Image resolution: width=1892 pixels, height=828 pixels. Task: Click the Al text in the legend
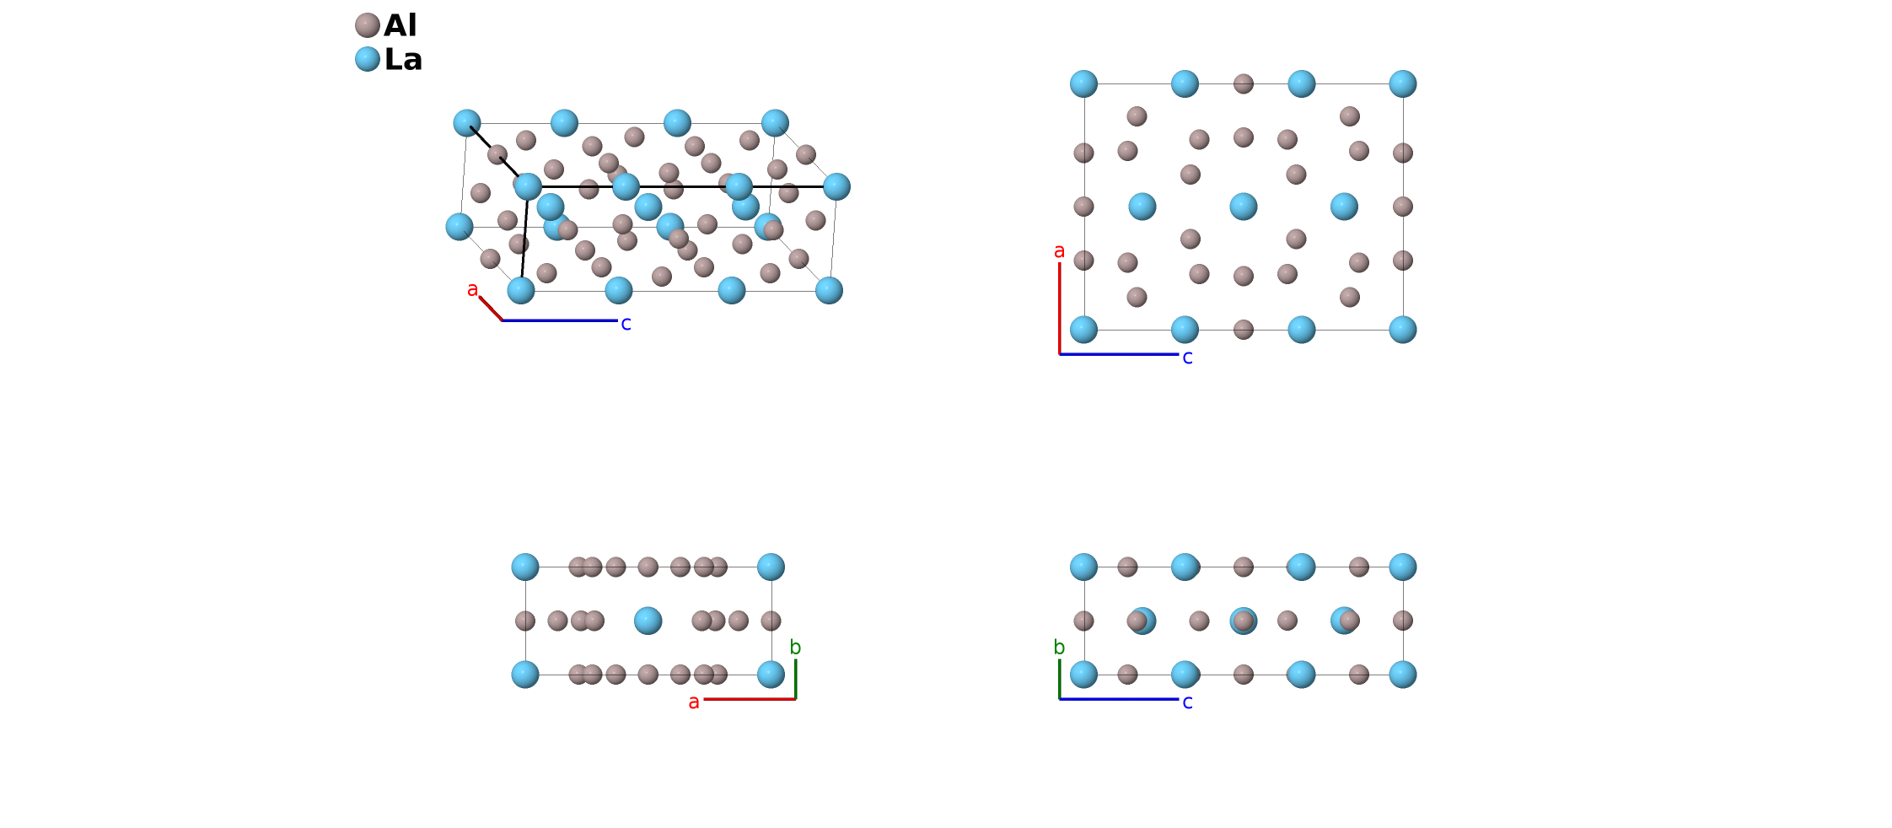[400, 25]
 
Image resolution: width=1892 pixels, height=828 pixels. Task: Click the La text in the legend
[403, 59]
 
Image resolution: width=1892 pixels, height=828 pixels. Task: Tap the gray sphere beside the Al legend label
[367, 25]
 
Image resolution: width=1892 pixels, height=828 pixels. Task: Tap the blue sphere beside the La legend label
[367, 59]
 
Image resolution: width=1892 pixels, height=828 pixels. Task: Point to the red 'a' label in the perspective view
[472, 290]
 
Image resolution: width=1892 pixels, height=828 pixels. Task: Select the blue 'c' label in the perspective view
[626, 324]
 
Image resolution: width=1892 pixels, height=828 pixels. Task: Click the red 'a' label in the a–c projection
[1059, 251]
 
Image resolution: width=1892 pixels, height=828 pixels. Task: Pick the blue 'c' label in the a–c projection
[1187, 358]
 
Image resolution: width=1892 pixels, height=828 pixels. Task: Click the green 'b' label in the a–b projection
[795, 648]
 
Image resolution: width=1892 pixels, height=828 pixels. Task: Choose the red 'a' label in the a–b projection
[694, 702]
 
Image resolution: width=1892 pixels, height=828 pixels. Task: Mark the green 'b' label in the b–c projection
[1059, 648]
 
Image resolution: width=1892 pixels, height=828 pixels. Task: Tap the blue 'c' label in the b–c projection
[1187, 702]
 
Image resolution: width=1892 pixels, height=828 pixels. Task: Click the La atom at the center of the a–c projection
[1243, 207]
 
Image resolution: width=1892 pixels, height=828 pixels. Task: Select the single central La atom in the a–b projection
[648, 621]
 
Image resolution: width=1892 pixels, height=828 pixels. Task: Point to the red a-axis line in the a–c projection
[1060, 308]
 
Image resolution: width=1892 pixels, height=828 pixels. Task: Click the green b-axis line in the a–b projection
[795, 679]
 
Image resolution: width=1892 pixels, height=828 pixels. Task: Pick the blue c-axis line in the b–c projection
[1119, 699]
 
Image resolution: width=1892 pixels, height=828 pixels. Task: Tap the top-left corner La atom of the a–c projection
[1083, 83]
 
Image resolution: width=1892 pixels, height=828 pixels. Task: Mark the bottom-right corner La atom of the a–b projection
[771, 675]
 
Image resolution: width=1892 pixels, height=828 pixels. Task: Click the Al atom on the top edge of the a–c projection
[1243, 83]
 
